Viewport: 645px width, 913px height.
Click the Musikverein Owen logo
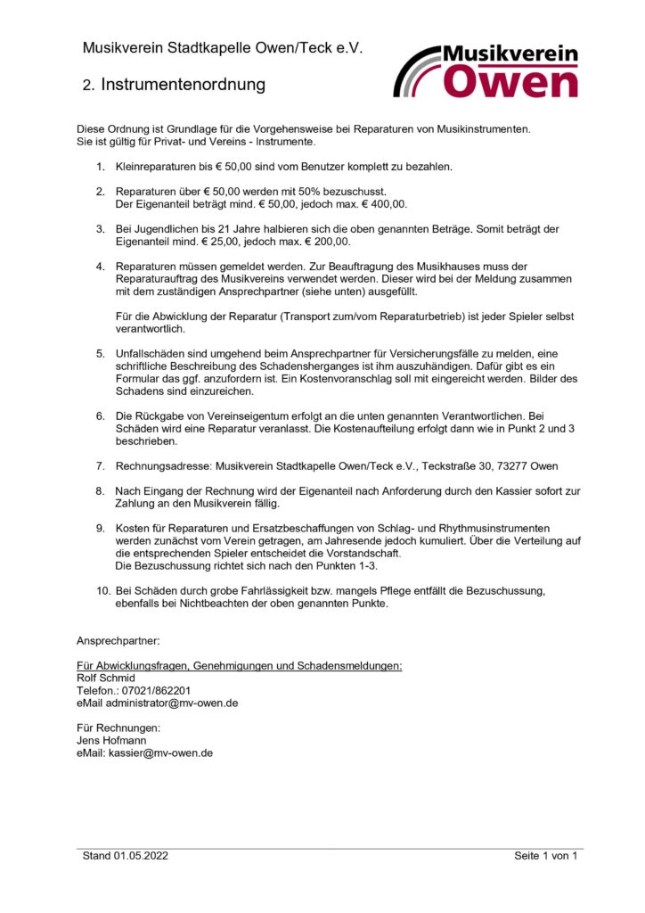point(486,71)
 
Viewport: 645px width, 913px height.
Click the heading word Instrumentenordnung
point(184,86)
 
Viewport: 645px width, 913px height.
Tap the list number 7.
point(100,465)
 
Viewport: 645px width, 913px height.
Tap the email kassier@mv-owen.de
point(160,753)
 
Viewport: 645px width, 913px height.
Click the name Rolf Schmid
point(106,678)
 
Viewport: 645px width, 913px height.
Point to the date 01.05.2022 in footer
point(141,856)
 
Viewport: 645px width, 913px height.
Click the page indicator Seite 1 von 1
point(545,856)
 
